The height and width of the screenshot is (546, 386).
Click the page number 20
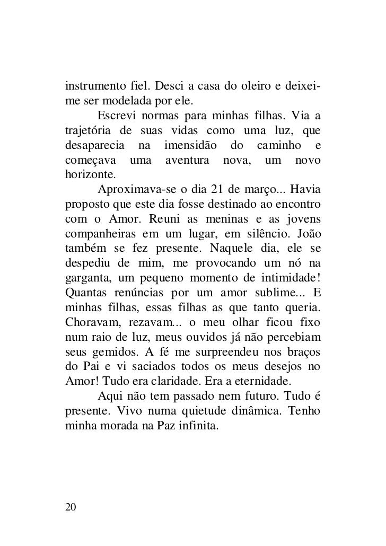[x=71, y=507]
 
